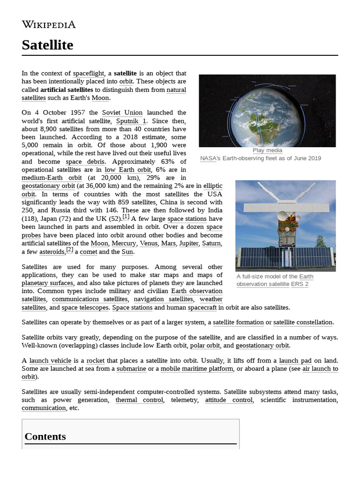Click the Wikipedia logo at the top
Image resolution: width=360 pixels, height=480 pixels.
[48, 24]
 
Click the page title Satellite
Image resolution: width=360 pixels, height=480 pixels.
[47, 45]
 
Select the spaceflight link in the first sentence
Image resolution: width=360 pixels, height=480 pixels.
[89, 74]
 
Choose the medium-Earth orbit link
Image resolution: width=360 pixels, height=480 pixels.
[52, 178]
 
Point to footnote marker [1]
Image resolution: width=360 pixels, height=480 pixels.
[126, 217]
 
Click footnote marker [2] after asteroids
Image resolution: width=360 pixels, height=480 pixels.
[69, 250]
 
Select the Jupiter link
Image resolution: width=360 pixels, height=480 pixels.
[188, 243]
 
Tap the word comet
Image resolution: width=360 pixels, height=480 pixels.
[89, 252]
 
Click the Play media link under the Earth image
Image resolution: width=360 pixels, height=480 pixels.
[267, 150]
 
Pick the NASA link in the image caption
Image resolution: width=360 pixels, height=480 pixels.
[208, 158]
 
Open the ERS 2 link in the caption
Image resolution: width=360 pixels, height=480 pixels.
[300, 284]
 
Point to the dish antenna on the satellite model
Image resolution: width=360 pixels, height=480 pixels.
[283, 216]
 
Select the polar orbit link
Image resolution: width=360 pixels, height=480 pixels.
[205, 345]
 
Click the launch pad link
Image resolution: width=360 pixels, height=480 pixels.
[295, 360]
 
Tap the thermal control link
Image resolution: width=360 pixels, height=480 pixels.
[139, 400]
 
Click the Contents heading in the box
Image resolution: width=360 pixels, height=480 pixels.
[45, 436]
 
